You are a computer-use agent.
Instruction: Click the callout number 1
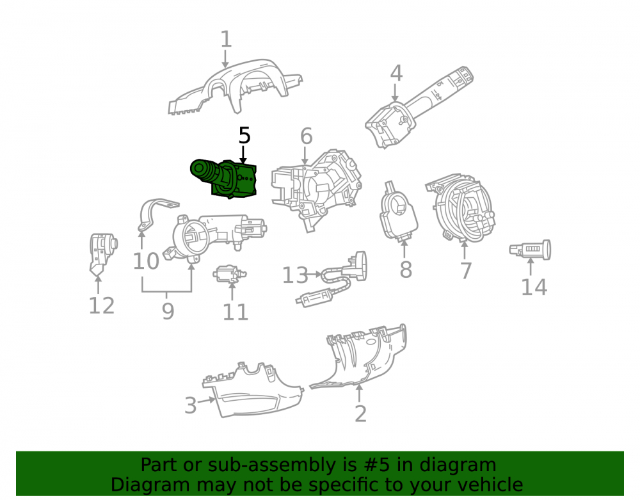(226, 39)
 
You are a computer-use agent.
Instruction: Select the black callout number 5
(244, 135)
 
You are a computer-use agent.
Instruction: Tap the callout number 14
(534, 287)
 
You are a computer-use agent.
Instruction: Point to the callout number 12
(102, 305)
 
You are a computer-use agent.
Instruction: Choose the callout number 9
(168, 311)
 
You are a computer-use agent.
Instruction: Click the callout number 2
(360, 414)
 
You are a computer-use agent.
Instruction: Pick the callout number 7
(466, 271)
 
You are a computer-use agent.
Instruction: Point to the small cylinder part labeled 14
(530, 250)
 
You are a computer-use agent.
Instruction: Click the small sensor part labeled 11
(229, 273)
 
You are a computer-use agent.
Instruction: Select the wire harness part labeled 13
(333, 278)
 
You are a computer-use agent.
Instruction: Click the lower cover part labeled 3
(253, 390)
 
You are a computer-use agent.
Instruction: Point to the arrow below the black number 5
(243, 155)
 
